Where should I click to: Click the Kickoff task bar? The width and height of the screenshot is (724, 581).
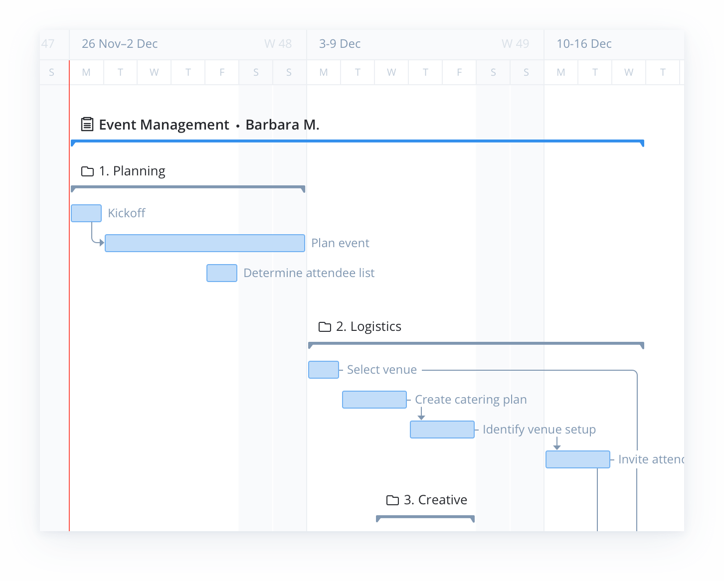(x=86, y=213)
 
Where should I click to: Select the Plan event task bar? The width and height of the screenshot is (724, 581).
(x=205, y=243)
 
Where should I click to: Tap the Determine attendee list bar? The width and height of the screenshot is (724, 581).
(x=222, y=273)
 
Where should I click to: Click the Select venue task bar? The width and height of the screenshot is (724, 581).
(x=324, y=370)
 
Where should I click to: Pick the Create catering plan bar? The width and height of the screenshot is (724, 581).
(x=374, y=400)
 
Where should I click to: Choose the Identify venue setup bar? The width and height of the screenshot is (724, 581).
(x=442, y=430)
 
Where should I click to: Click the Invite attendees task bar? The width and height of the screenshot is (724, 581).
(x=578, y=459)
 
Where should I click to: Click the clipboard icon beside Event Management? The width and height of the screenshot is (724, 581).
(x=87, y=124)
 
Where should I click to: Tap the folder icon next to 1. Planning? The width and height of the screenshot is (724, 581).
(x=87, y=171)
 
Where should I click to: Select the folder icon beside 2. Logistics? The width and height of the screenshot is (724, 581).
(x=325, y=327)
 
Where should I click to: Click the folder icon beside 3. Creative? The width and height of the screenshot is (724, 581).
(x=393, y=500)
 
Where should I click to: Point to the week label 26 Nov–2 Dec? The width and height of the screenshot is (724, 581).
(x=120, y=44)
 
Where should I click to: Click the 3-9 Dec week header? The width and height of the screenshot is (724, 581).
(x=340, y=44)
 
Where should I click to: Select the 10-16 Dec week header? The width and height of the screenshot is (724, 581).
(x=584, y=44)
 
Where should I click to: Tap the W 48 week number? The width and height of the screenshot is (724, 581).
(x=278, y=44)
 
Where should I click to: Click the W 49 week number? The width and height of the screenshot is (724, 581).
(x=515, y=44)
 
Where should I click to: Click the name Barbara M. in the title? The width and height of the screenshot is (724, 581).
(x=282, y=125)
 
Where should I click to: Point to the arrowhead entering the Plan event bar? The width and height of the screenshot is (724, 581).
(x=102, y=243)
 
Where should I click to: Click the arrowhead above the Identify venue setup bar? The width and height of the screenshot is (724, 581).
(x=421, y=417)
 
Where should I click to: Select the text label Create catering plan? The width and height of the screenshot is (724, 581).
(x=471, y=400)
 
